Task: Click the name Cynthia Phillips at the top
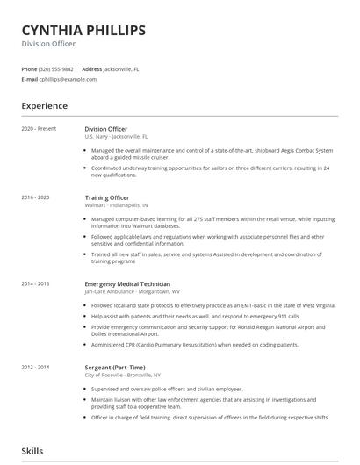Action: click(83, 31)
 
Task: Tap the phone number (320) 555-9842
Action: click(57, 68)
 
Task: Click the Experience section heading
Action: click(45, 106)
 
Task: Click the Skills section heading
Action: click(33, 451)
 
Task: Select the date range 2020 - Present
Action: click(39, 128)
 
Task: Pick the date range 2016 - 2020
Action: click(36, 198)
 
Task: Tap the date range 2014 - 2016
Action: click(36, 283)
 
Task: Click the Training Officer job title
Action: click(108, 198)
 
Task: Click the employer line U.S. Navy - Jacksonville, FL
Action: click(116, 137)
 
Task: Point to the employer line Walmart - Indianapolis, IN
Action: click(118, 207)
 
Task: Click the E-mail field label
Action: click(30, 79)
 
